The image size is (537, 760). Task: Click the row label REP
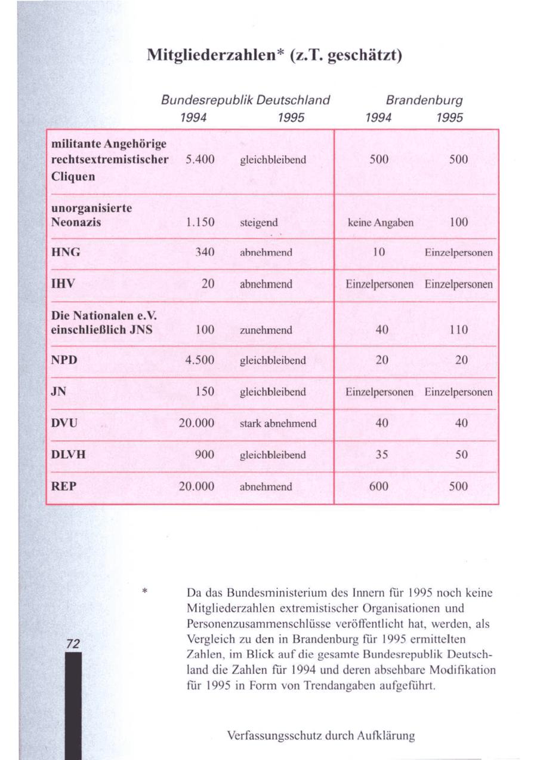tap(64, 486)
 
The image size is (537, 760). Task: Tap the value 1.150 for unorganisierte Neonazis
tap(200, 223)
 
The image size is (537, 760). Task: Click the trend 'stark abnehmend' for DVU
tap(277, 423)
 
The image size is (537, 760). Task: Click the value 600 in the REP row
tap(379, 486)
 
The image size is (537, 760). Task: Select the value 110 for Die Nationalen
tap(459, 329)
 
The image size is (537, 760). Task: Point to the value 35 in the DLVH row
tap(382, 454)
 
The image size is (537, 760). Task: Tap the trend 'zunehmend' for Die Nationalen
tap(266, 330)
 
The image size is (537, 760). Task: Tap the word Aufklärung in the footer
tap(383, 735)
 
